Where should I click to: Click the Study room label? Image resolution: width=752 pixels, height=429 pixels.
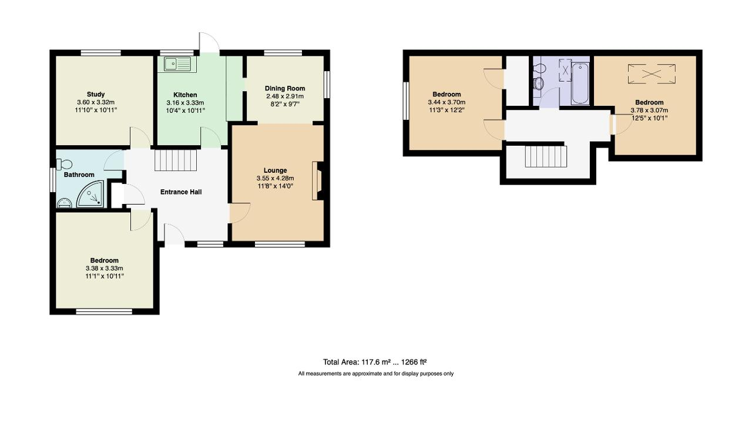pyautogui.click(x=96, y=94)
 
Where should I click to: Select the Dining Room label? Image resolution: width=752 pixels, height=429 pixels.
pyautogui.click(x=284, y=88)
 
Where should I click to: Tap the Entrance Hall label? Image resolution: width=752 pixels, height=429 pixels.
pyautogui.click(x=181, y=192)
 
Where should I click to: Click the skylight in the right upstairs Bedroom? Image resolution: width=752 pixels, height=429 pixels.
pyautogui.click(x=652, y=74)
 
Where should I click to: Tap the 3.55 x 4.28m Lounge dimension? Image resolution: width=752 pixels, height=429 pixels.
pyautogui.click(x=275, y=178)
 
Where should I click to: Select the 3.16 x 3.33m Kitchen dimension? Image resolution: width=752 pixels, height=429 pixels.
pyautogui.click(x=185, y=102)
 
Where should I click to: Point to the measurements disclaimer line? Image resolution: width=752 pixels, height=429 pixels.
pyautogui.click(x=375, y=374)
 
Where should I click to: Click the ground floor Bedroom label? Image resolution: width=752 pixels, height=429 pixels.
pyautogui.click(x=104, y=260)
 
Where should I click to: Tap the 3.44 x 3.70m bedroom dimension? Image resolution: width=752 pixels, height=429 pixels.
pyautogui.click(x=446, y=102)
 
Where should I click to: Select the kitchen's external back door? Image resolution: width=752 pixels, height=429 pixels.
pyautogui.click(x=209, y=44)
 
